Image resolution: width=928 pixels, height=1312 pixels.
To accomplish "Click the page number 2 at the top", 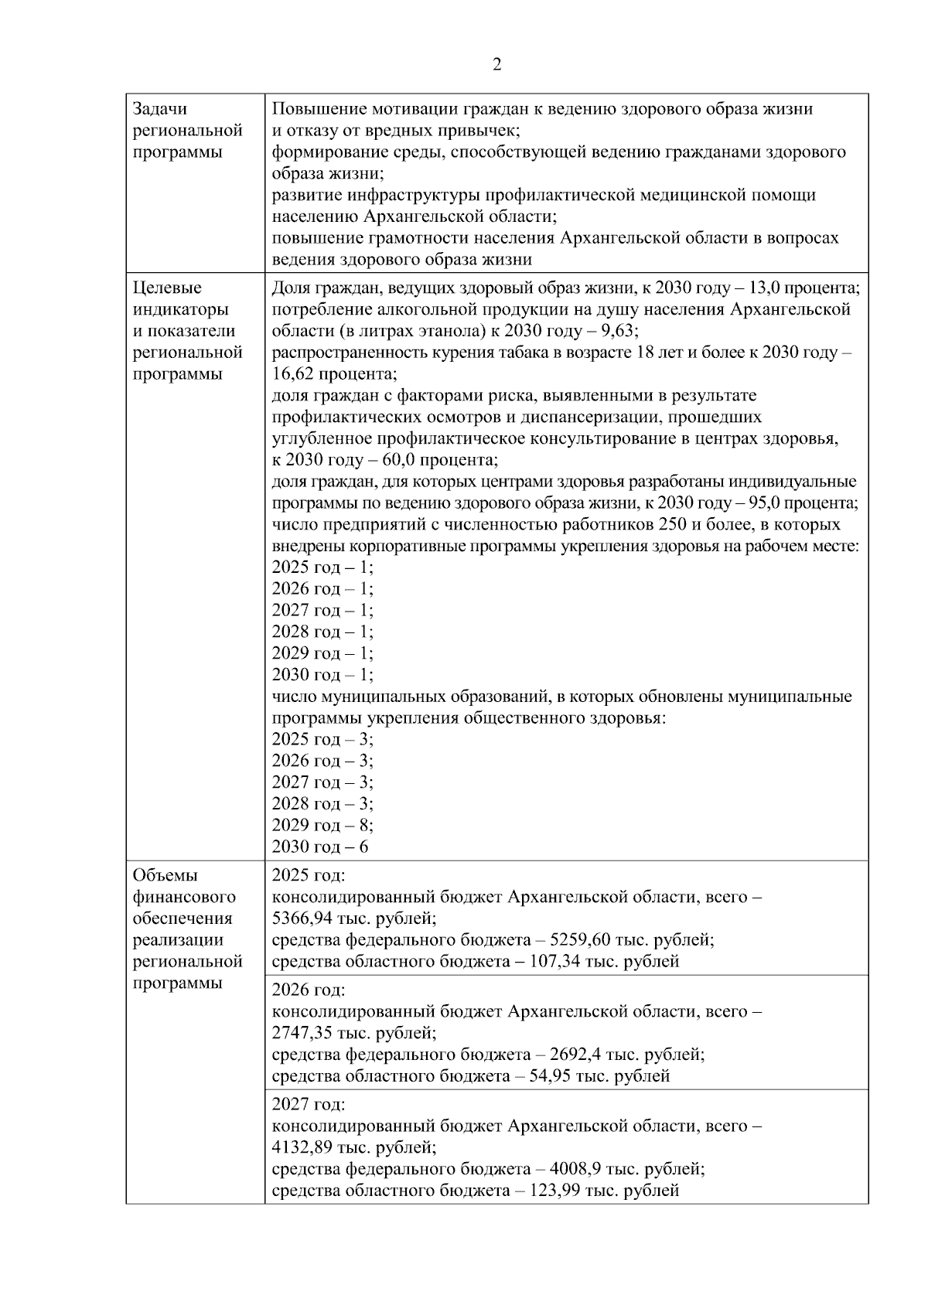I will [x=496, y=65].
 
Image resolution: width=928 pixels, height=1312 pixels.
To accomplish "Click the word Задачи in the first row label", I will [x=160, y=109].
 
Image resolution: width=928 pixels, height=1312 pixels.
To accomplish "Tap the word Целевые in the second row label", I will [x=167, y=288].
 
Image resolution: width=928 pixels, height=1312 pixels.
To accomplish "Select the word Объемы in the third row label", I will [x=165, y=875].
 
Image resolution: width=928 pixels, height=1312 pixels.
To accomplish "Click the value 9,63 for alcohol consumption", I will [x=619, y=331].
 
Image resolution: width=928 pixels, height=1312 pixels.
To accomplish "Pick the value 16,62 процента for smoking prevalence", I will [x=333, y=374].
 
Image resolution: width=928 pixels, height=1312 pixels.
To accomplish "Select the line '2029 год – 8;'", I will [x=322, y=825].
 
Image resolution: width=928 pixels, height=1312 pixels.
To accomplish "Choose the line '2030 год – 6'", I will [x=320, y=847].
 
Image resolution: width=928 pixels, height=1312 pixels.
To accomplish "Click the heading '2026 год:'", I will [x=309, y=990].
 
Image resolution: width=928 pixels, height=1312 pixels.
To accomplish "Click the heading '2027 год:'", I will [x=309, y=1104].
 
